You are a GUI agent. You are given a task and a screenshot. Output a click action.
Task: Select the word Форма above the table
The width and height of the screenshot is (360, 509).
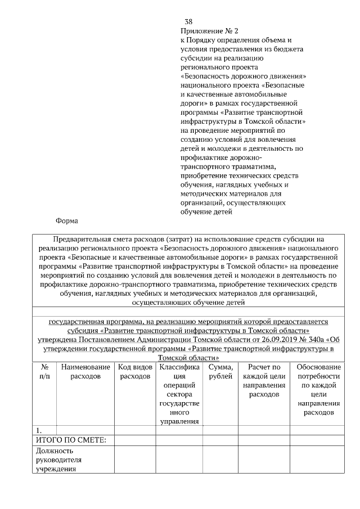coord(66,220)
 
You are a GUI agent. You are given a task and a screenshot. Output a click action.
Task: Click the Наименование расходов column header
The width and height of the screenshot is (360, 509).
coord(85,372)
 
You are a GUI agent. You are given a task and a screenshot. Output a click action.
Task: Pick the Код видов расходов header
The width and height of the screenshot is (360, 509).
coord(135,372)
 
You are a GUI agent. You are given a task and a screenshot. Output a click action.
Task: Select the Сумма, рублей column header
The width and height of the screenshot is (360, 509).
coord(220,372)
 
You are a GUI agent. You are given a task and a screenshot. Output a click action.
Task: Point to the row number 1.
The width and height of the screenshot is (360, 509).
coord(39,430)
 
